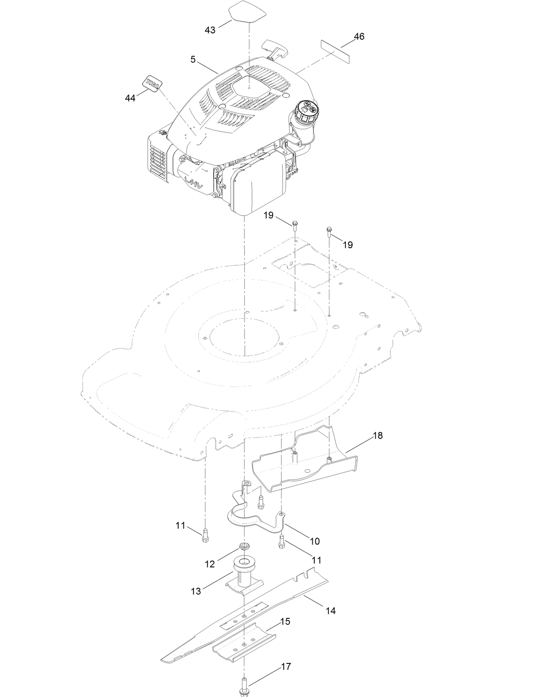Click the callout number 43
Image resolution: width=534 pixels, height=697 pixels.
210,30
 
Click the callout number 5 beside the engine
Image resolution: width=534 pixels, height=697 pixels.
193,59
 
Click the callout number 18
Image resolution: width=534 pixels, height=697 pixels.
377,436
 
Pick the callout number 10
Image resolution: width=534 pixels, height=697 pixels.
314,541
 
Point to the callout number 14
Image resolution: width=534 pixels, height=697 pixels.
331,611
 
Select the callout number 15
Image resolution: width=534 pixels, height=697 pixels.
285,622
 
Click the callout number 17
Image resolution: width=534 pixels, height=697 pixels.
286,667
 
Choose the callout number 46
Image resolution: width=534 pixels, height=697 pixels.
359,37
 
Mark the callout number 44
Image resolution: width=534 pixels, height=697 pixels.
130,98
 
